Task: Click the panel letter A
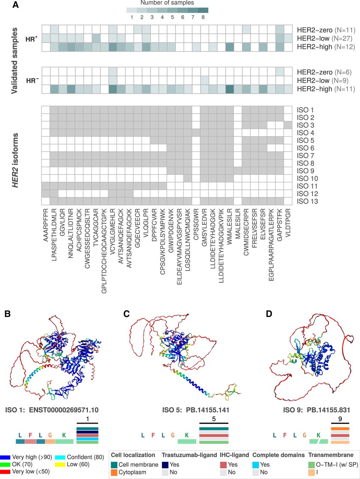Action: (x=15, y=5)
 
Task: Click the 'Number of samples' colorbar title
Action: (x=167, y=3)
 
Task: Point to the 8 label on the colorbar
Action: (x=203, y=17)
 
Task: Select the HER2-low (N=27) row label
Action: (x=324, y=39)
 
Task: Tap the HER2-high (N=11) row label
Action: (x=326, y=89)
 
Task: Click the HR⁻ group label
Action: (x=32, y=80)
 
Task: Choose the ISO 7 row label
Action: (x=305, y=156)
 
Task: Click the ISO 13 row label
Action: (x=307, y=201)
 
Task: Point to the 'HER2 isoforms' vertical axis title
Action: (x=15, y=159)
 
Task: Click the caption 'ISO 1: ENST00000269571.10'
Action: (x=52, y=410)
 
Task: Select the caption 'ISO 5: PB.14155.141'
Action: (x=195, y=410)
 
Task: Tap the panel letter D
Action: (x=269, y=314)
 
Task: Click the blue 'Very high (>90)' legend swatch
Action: (x=5, y=457)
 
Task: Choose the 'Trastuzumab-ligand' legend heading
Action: (x=189, y=455)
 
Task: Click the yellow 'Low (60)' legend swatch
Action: (x=60, y=464)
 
